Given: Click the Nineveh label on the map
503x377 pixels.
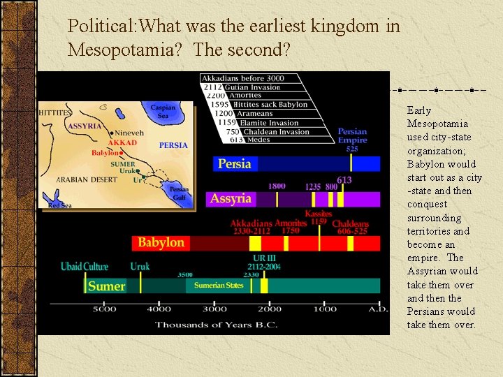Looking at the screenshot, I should click(130, 133).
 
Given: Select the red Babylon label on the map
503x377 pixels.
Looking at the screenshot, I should click(105, 152).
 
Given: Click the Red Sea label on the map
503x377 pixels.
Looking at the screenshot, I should click(59, 205).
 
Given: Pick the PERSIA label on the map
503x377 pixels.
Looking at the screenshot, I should click(173, 145).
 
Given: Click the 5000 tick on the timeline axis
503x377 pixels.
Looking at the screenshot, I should click(104, 309).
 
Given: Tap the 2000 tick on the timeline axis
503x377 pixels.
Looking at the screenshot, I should click(270, 309).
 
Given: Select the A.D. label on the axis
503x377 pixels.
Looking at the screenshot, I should click(378, 309).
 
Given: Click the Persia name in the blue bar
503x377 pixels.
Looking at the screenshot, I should click(234, 164).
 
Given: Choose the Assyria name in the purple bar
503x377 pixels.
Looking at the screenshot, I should click(231, 198).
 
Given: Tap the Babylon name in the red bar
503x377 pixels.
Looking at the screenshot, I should click(161, 243).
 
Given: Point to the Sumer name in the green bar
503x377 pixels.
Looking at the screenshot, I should click(106, 286).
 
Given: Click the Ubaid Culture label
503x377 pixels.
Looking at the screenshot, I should click(85, 267).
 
